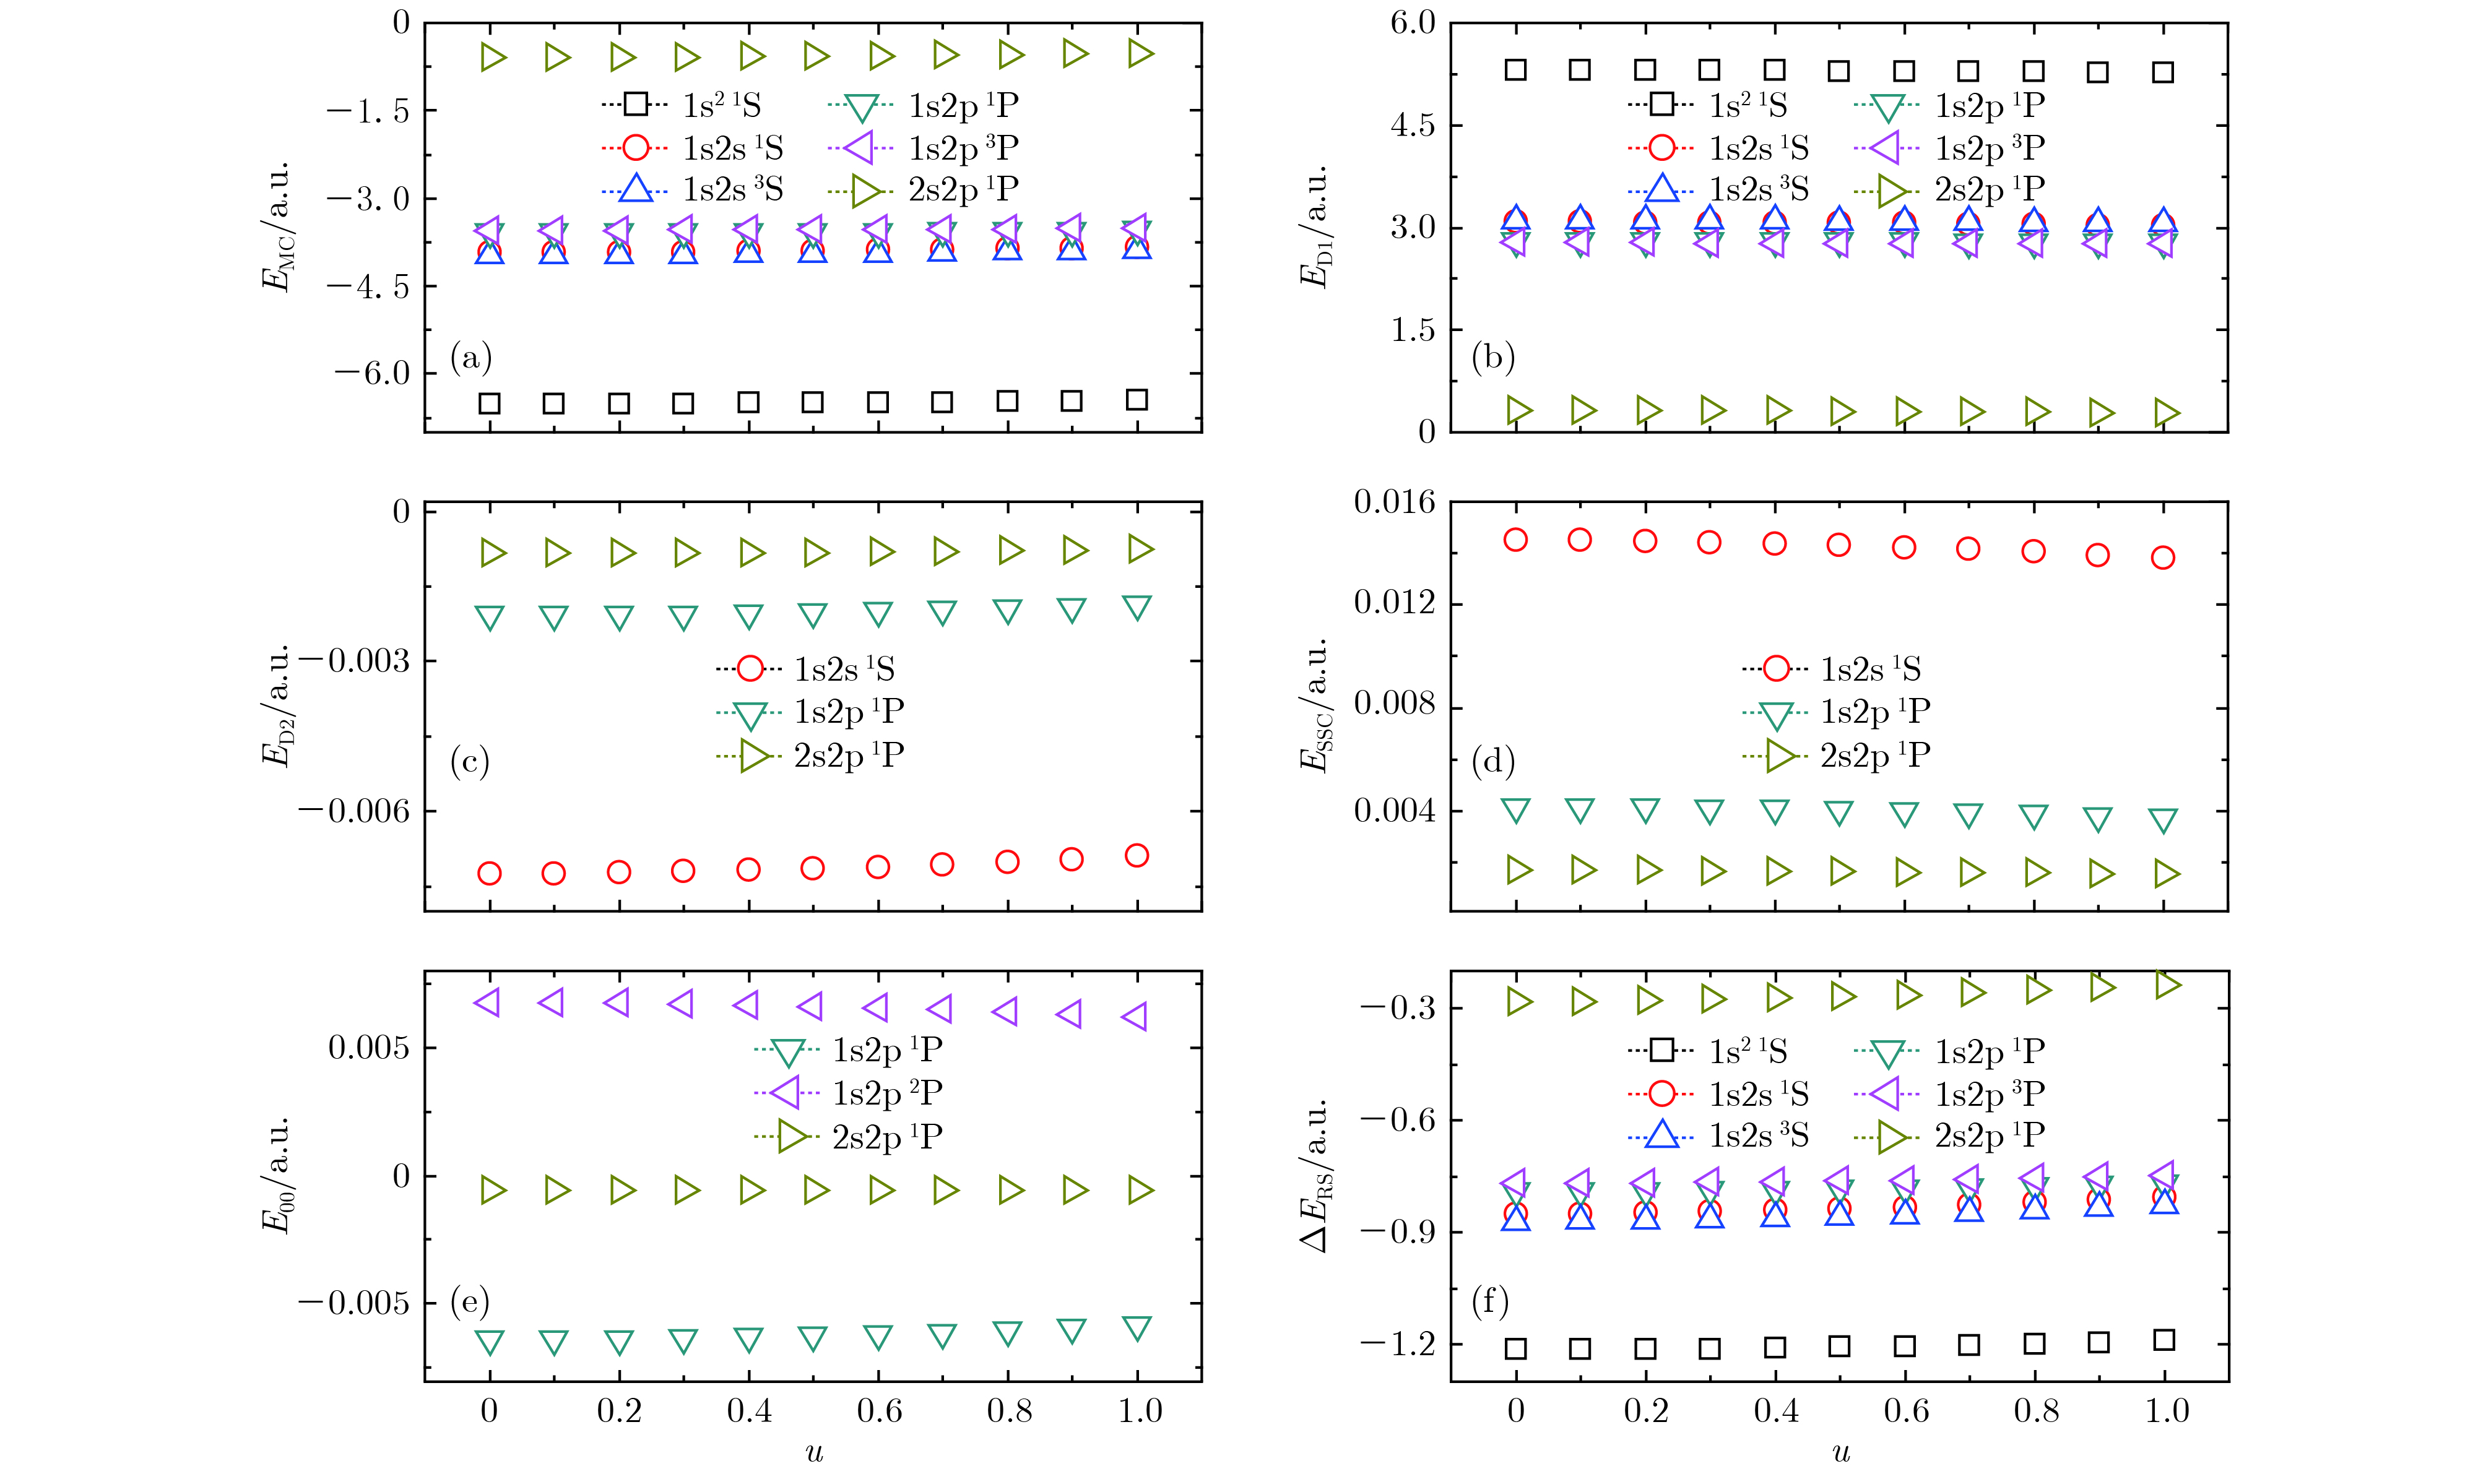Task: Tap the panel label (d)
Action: (x=1492, y=761)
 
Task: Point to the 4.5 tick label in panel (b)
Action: (x=1413, y=125)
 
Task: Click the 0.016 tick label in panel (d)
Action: (x=1394, y=502)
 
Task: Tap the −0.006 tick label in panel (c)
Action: (x=353, y=811)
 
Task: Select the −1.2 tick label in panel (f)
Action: (x=1398, y=1344)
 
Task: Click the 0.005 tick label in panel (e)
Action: (x=368, y=1048)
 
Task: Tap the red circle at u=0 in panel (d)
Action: (x=1515, y=540)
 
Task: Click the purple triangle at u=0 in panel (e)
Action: (x=488, y=1002)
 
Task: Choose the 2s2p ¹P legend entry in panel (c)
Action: (x=810, y=756)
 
